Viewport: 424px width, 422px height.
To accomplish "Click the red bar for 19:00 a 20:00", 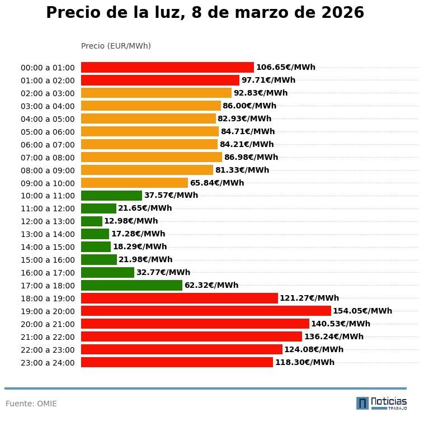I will coord(206,311).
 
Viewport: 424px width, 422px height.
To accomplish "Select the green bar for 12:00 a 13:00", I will coord(92,221).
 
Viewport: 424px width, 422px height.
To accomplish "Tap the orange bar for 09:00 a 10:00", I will coord(134,183).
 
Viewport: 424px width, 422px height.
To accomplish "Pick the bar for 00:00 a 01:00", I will coord(167,68).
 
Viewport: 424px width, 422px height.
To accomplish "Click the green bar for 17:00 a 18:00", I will coord(131,286).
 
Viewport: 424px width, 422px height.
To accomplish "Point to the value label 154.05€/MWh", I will coord(362,311).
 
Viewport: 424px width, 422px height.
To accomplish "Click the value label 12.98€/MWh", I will coord(131,221).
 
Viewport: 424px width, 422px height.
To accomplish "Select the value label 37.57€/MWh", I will coord(171,196).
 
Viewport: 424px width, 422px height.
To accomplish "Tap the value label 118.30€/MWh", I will coord(304,363).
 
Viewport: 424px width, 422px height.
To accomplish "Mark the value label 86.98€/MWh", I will coord(251,158).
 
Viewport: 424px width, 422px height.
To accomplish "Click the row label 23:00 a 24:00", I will coord(48,363).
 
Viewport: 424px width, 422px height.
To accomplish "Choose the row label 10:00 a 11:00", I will coord(48,196).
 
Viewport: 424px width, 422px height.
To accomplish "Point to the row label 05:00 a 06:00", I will coord(48,132).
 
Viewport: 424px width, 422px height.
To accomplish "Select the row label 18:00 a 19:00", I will coord(48,298).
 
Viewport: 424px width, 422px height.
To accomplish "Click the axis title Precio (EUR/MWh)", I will coord(116,46).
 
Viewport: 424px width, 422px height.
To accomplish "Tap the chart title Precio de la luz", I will coord(205,13).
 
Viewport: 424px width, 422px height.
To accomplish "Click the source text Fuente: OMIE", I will coord(31,404).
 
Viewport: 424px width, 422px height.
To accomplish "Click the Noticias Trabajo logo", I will coord(381,403).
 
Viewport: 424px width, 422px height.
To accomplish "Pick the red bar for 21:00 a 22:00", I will coord(191,336).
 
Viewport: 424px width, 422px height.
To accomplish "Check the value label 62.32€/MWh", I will coord(211,286).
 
